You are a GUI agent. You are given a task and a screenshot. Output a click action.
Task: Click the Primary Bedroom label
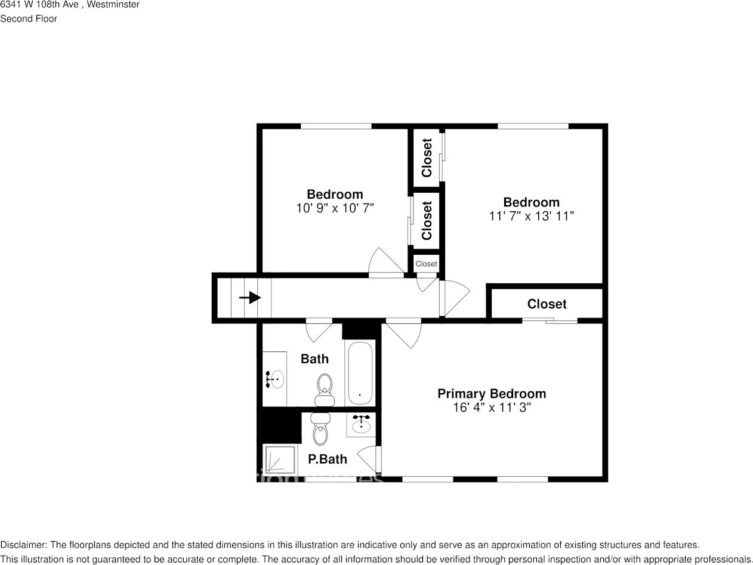tap(491, 394)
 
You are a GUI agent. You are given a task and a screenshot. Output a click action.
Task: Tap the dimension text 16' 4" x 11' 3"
tap(491, 408)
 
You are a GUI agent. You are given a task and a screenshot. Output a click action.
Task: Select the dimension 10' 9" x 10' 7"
tap(335, 208)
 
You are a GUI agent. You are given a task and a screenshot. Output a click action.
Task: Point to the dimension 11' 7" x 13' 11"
tap(531, 216)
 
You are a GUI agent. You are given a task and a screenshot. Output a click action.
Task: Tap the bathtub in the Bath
tap(360, 373)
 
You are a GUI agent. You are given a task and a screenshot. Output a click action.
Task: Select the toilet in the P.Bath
tap(320, 431)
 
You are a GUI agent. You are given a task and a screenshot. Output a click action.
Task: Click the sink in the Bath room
tap(275, 379)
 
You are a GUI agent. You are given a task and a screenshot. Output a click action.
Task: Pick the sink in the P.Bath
tap(361, 424)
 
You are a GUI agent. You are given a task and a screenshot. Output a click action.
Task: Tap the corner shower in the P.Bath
tap(280, 461)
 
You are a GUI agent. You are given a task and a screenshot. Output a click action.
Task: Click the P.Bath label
tap(327, 459)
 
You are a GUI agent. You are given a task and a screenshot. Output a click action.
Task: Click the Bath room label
tap(314, 359)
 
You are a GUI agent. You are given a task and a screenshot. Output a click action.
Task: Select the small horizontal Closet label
tap(426, 264)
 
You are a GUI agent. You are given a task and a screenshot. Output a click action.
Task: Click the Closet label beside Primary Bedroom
tap(547, 304)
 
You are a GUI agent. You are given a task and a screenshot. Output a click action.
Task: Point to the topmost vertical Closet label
tap(427, 158)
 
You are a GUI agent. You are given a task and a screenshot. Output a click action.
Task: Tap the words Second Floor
tap(29, 18)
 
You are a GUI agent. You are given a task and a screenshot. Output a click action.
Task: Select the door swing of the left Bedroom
tap(384, 262)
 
